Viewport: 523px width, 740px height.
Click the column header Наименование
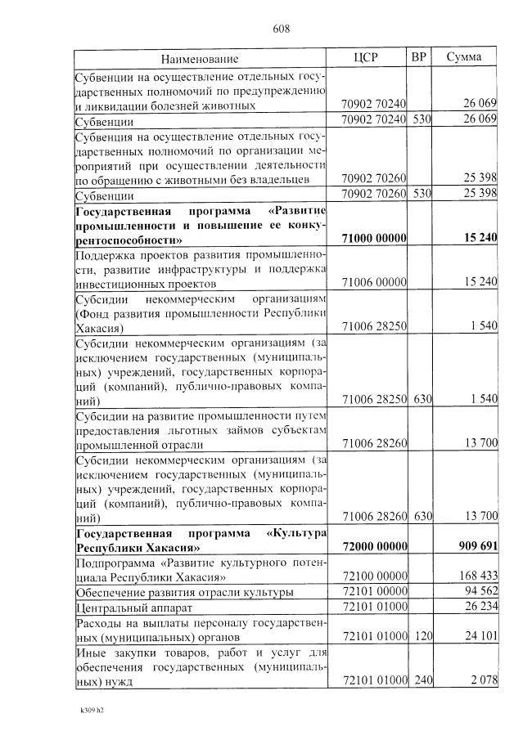click(200, 59)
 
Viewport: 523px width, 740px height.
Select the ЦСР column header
click(366, 57)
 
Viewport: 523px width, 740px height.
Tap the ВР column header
click(419, 57)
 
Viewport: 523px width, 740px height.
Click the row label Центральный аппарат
click(126, 608)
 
